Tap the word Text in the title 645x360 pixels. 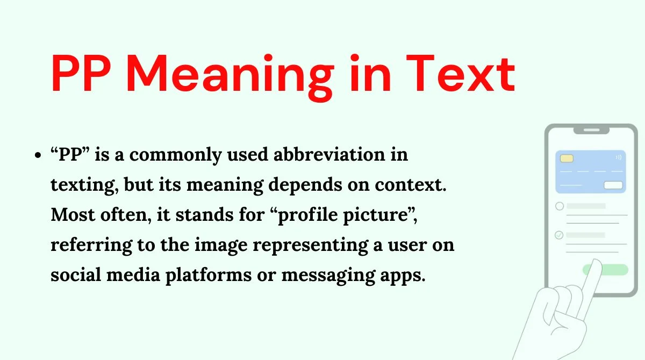coord(461,73)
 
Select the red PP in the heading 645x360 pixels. coord(81,73)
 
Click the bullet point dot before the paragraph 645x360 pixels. coord(38,155)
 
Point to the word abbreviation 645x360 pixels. coord(329,154)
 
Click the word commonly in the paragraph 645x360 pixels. coord(175,155)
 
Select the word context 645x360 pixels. coord(411,184)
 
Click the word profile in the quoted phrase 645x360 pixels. coord(307,215)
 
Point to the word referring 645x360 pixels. coord(91,246)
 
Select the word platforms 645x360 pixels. coord(209,276)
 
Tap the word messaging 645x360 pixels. coord(328,276)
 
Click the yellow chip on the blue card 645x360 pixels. coord(567,159)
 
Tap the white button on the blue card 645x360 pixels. coord(613,185)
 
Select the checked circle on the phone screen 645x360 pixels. coord(559,235)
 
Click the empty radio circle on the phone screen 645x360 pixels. coord(560,206)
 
